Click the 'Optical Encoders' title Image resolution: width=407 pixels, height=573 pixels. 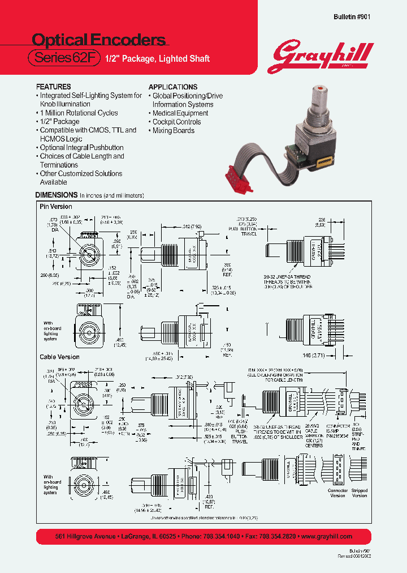[x=98, y=40]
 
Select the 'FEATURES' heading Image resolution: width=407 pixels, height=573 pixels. [x=53, y=87]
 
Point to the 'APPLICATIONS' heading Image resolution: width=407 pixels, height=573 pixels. [x=173, y=87]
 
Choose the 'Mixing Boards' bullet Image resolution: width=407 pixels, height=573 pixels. [x=173, y=131]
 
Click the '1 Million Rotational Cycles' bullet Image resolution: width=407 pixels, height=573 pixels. [x=79, y=113]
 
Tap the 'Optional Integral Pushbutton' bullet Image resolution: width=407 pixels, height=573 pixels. [x=81, y=148]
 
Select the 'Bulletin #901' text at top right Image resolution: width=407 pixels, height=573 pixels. [x=352, y=17]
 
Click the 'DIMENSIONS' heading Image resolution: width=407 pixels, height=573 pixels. [x=57, y=195]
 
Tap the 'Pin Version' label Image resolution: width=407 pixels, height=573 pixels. [x=56, y=207]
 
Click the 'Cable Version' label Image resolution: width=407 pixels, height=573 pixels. [x=59, y=357]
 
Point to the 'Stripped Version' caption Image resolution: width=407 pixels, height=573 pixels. [x=360, y=493]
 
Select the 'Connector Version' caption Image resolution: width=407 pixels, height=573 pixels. [x=337, y=493]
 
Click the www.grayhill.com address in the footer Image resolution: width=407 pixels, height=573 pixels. [x=327, y=536]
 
